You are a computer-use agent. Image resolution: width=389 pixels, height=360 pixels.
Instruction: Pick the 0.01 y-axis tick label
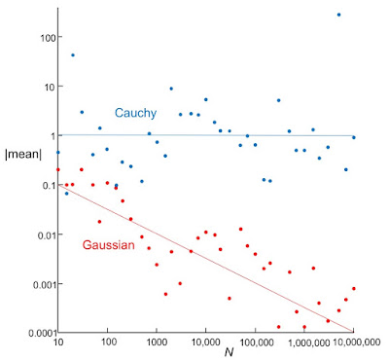39,234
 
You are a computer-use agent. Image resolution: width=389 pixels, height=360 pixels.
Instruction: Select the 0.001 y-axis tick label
36,284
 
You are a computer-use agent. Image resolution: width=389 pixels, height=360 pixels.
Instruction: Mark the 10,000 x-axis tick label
204,342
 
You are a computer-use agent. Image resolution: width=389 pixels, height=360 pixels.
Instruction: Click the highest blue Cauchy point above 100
338,15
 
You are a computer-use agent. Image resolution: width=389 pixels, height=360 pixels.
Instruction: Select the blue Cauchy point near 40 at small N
73,54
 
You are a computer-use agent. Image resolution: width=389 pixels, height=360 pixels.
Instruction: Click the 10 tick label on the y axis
45,87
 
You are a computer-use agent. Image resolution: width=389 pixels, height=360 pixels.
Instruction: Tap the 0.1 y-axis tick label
43,185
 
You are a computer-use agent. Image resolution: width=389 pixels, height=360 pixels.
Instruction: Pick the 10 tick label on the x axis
58,342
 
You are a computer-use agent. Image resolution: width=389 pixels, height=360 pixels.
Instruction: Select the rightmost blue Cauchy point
353,137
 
